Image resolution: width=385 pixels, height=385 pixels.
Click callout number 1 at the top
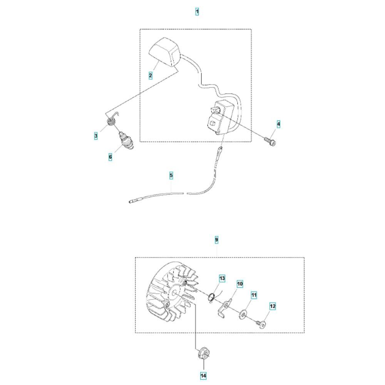(x=197, y=12)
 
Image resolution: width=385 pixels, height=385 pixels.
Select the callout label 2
(x=151, y=75)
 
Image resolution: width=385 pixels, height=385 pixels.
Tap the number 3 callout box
(x=96, y=136)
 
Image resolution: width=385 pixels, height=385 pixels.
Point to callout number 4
(x=278, y=124)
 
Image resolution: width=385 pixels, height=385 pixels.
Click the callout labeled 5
(x=171, y=176)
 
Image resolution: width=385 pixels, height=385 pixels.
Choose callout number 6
(x=110, y=157)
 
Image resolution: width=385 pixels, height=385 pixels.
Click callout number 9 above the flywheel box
(x=216, y=239)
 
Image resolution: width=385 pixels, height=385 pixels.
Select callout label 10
(x=240, y=284)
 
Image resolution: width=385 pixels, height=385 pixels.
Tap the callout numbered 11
(x=254, y=295)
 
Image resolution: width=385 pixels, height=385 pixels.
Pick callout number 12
(x=273, y=306)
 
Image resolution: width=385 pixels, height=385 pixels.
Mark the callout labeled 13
(x=222, y=278)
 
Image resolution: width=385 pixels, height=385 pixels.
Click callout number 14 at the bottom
(x=203, y=376)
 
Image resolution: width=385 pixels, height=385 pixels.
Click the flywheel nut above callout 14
(x=204, y=353)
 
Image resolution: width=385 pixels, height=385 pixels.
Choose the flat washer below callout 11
(x=243, y=314)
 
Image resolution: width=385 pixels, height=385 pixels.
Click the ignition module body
(x=219, y=117)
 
